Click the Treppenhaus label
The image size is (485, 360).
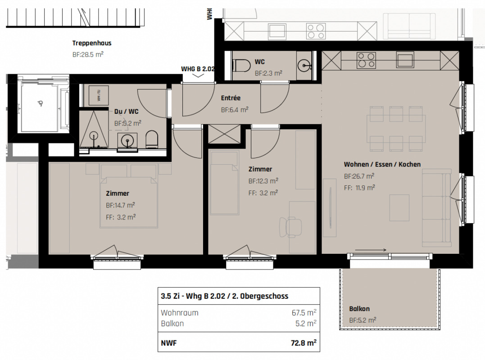point(92,43)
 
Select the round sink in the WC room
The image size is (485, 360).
point(305,66)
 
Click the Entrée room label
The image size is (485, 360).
point(231,98)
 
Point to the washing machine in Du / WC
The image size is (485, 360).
point(98,95)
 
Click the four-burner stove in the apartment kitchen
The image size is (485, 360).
point(366,60)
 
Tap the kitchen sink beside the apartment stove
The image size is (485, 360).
point(405,60)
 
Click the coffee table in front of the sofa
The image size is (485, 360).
point(399,207)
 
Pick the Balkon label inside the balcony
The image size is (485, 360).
point(359,309)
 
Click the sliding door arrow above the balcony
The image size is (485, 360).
point(371,250)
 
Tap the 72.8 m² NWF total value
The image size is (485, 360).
point(304,343)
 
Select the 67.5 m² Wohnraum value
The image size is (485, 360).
point(304,312)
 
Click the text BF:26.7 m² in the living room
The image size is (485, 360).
point(359,176)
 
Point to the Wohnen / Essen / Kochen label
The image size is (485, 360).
point(382,164)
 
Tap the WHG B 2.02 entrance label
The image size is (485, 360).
point(198,68)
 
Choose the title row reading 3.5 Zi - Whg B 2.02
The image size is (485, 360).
point(225,296)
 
